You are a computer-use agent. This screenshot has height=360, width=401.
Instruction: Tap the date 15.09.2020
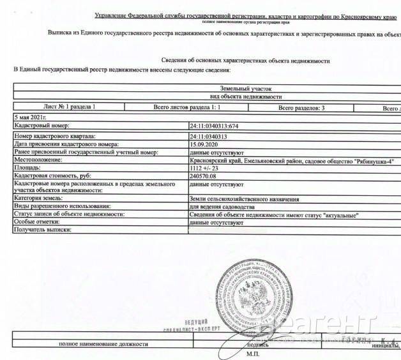(x=206, y=144)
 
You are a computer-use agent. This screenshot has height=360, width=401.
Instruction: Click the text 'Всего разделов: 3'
(x=301, y=109)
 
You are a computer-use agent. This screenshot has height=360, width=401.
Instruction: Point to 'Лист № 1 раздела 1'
(x=69, y=109)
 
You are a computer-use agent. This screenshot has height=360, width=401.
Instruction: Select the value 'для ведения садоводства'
(x=223, y=207)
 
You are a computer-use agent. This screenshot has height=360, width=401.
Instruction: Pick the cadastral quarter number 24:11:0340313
(x=212, y=136)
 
